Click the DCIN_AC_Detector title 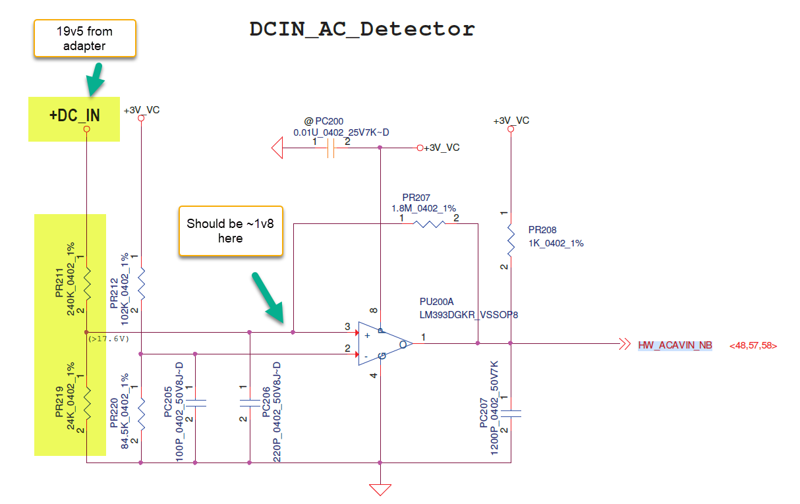[x=362, y=29]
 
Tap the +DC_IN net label [x=74, y=115]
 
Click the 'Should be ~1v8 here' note [x=230, y=231]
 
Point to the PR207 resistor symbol [x=430, y=224]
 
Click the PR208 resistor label [x=542, y=231]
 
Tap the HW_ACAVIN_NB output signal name [x=675, y=345]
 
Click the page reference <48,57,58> [x=753, y=345]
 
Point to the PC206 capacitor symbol [x=250, y=402]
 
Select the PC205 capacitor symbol [x=195, y=402]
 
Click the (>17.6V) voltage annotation [x=109, y=339]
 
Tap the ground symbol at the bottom [x=380, y=490]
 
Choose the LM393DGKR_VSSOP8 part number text [x=469, y=315]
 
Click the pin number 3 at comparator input [x=347, y=326]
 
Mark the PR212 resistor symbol [x=141, y=283]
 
